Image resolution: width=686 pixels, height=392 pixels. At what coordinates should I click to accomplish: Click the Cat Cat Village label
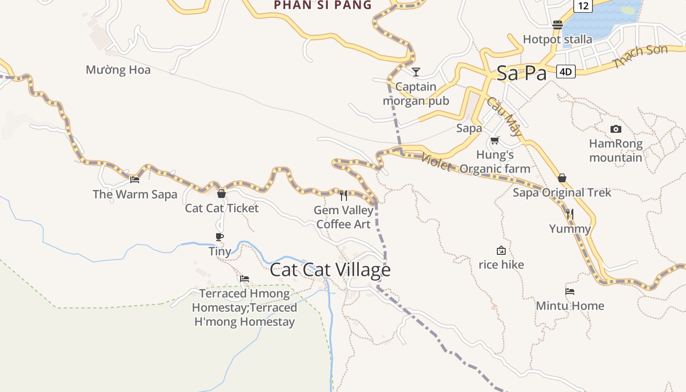[330, 270]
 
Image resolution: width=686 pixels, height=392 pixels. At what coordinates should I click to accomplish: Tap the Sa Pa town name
[521, 73]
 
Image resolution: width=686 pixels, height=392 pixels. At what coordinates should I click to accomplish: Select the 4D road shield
[565, 72]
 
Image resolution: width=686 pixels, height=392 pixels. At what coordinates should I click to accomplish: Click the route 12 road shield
[583, 6]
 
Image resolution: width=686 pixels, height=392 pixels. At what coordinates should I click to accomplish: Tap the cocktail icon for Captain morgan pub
[416, 72]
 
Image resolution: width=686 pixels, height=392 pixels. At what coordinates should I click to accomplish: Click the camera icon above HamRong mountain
[616, 129]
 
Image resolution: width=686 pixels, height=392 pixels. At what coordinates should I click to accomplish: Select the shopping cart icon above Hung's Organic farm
[495, 141]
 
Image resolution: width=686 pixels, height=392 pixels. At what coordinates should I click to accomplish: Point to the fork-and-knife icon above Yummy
[570, 214]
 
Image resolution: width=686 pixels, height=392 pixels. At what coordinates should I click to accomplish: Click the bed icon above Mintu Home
[570, 291]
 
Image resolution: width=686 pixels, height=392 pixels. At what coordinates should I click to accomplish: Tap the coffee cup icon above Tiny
[220, 237]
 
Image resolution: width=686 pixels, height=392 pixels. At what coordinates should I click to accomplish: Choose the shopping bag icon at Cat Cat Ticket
[221, 194]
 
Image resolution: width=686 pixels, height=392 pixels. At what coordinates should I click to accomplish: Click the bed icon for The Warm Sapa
[135, 180]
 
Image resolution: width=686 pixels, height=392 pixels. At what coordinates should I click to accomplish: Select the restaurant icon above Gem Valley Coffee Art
[343, 196]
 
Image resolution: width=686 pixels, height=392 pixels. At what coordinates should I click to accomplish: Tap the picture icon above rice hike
[501, 250]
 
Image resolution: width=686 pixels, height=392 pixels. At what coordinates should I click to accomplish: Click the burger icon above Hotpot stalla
[558, 24]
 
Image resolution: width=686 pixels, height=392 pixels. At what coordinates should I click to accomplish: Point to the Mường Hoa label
[118, 70]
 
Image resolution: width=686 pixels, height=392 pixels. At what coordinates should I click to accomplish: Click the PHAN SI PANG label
[323, 5]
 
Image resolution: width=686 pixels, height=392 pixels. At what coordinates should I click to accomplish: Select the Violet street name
[436, 162]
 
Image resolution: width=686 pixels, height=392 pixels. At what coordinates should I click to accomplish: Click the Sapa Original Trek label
[562, 193]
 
